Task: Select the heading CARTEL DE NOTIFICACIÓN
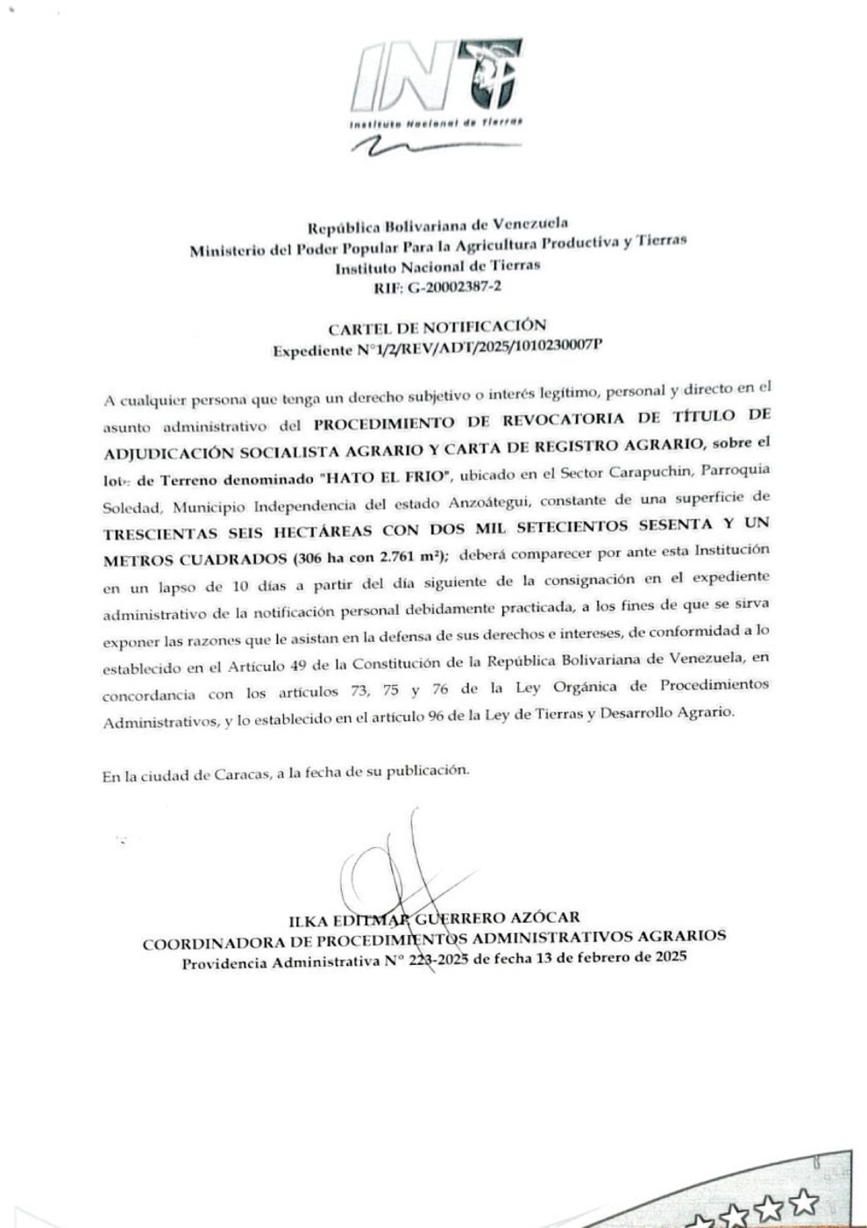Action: (437, 328)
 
